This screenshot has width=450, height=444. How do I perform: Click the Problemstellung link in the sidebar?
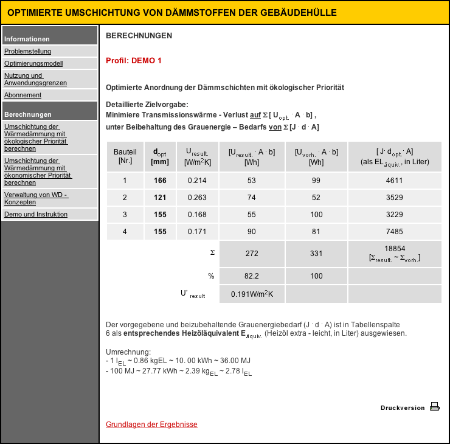coord(27,51)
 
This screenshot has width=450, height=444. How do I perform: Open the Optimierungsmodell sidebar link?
coord(33,63)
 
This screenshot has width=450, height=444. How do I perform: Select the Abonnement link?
coord(22,95)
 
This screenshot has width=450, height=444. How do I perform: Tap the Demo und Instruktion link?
coord(36,214)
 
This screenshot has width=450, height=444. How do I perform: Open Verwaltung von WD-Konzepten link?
coord(35,198)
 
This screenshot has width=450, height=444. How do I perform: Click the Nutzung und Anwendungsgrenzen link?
coord(35,79)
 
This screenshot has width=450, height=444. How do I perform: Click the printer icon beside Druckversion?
coord(434,407)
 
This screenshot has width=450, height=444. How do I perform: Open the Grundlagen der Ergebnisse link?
coord(151,425)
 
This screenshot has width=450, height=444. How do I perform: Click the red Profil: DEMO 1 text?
coord(134,61)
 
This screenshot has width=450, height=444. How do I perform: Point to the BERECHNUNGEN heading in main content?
coord(139,36)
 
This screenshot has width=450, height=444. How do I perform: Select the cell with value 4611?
coord(395,181)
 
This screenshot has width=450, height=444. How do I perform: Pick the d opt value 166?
coord(160,181)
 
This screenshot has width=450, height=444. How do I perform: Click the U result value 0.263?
coord(197,198)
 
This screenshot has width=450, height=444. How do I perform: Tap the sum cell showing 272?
coord(252,254)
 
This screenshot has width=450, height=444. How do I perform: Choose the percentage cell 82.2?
coord(252,276)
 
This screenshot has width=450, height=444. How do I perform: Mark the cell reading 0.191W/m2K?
coord(252,294)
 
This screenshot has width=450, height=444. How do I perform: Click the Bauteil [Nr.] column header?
coord(125,156)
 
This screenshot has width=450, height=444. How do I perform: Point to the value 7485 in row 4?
coord(395,232)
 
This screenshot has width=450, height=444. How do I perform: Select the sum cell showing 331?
coord(316,254)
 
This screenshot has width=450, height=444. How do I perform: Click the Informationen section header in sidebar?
coord(27,39)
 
